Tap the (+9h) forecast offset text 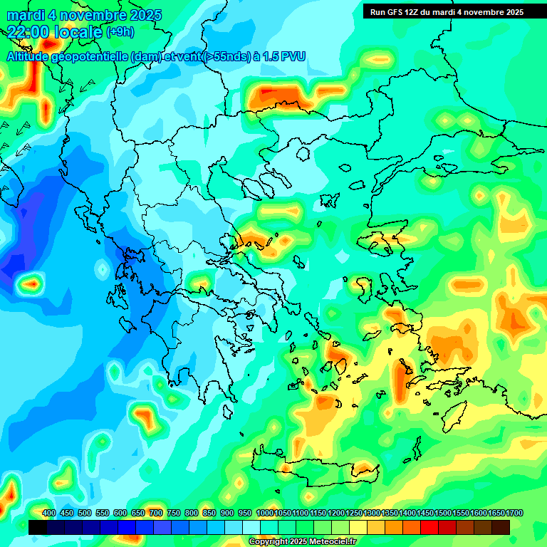pyautogui.click(x=120, y=32)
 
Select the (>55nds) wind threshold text pyautogui.click(x=226, y=56)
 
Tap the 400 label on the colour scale pyautogui.click(x=49, y=514)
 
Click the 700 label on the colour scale pyautogui.click(x=156, y=514)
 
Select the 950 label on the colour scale pyautogui.click(x=245, y=514)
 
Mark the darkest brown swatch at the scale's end pyautogui.click(x=501, y=527)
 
